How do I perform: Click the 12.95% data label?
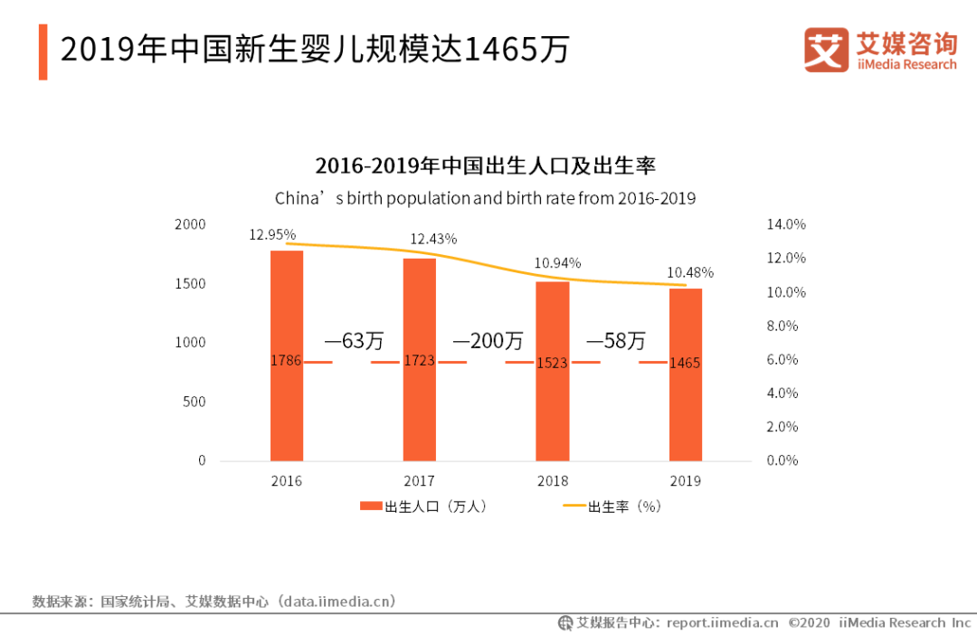tap(272, 234)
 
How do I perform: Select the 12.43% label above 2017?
tap(433, 239)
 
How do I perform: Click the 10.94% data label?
tap(557, 263)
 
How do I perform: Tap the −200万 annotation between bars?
tap(488, 341)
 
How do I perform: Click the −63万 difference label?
tap(355, 341)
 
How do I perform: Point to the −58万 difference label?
tap(616, 341)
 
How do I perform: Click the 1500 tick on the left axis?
tap(190, 283)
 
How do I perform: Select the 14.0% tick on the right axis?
tap(786, 224)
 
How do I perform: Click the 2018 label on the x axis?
tap(553, 481)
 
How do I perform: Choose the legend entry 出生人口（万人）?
tap(425, 507)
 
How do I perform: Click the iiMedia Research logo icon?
tap(826, 50)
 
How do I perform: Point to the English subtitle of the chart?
tap(485, 197)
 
